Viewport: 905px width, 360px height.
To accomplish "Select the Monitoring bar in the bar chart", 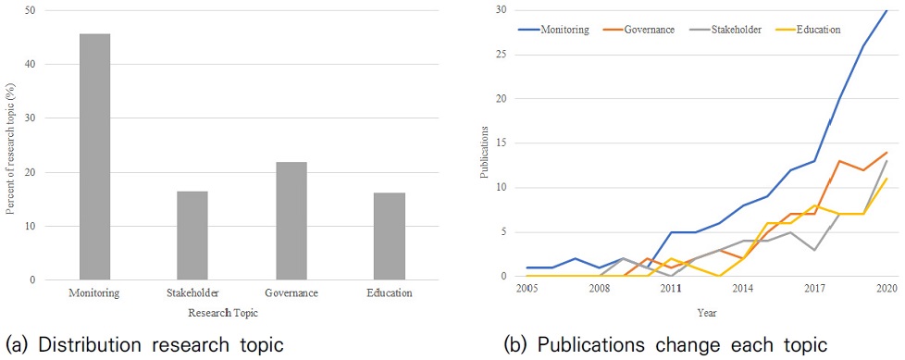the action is point(94,157).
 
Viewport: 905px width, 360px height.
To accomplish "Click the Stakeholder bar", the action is point(192,235).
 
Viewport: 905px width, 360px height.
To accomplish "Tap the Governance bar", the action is point(291,221).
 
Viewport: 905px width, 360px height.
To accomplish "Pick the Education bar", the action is point(389,237).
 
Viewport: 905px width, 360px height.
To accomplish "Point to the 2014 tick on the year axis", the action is point(743,289).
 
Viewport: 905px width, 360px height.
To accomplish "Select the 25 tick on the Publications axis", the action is point(504,55).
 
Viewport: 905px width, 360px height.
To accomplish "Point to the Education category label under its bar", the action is point(390,293).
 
